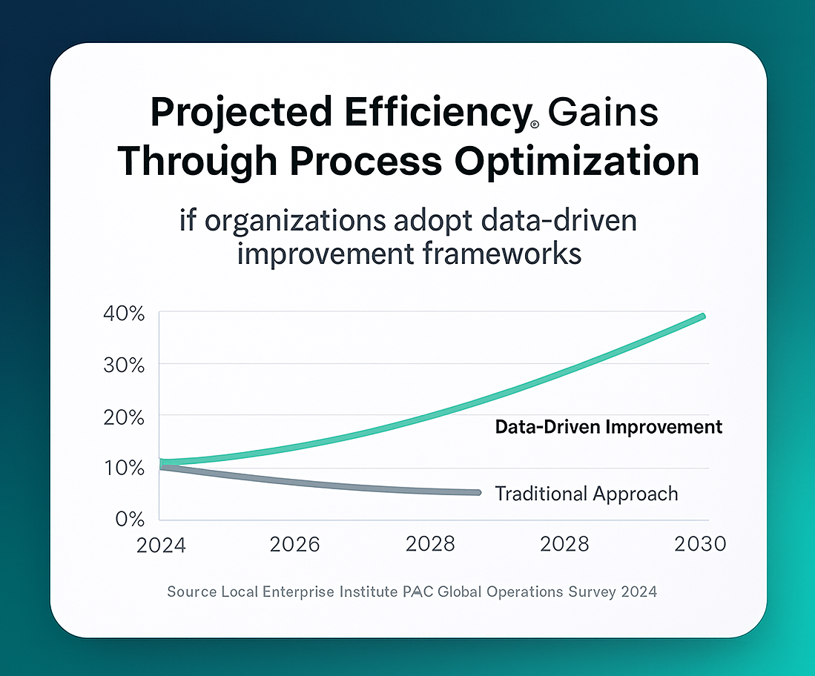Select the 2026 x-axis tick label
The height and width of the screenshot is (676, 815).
(x=294, y=545)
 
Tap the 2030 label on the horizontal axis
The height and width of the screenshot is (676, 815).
(x=700, y=545)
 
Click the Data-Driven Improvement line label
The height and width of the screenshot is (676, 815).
(x=608, y=428)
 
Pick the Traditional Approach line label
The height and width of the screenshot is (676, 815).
(x=586, y=494)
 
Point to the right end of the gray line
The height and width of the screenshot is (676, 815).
(x=477, y=492)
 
